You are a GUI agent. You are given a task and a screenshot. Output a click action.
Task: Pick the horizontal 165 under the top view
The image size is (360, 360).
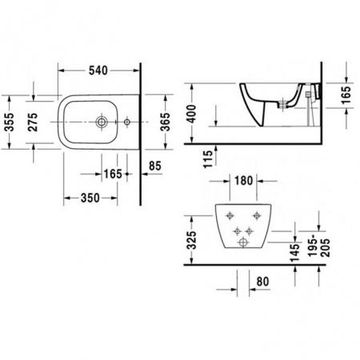pyautogui.click(x=112, y=174)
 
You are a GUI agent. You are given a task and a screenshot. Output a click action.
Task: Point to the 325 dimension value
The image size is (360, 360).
pyautogui.click(x=190, y=239)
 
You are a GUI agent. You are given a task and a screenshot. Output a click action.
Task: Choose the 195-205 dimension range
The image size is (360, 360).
pyautogui.click(x=321, y=240)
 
